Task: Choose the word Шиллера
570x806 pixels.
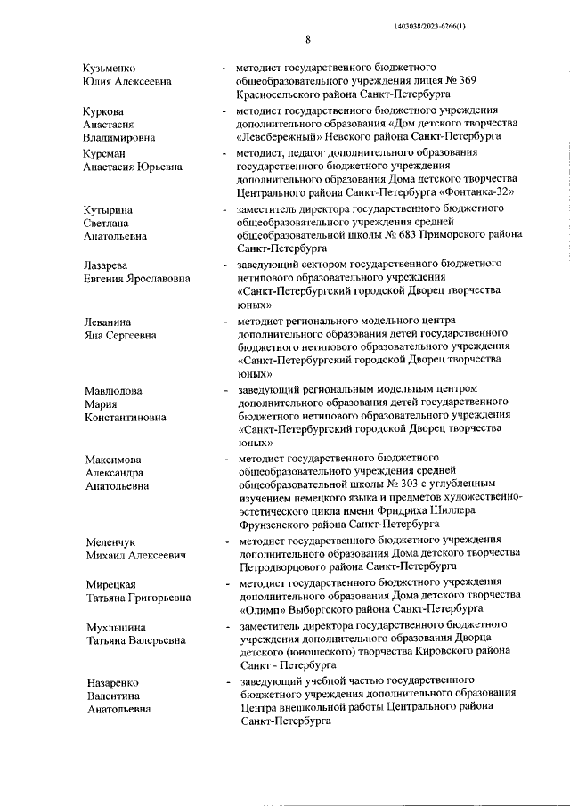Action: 479,510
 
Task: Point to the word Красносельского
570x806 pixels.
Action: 280,94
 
